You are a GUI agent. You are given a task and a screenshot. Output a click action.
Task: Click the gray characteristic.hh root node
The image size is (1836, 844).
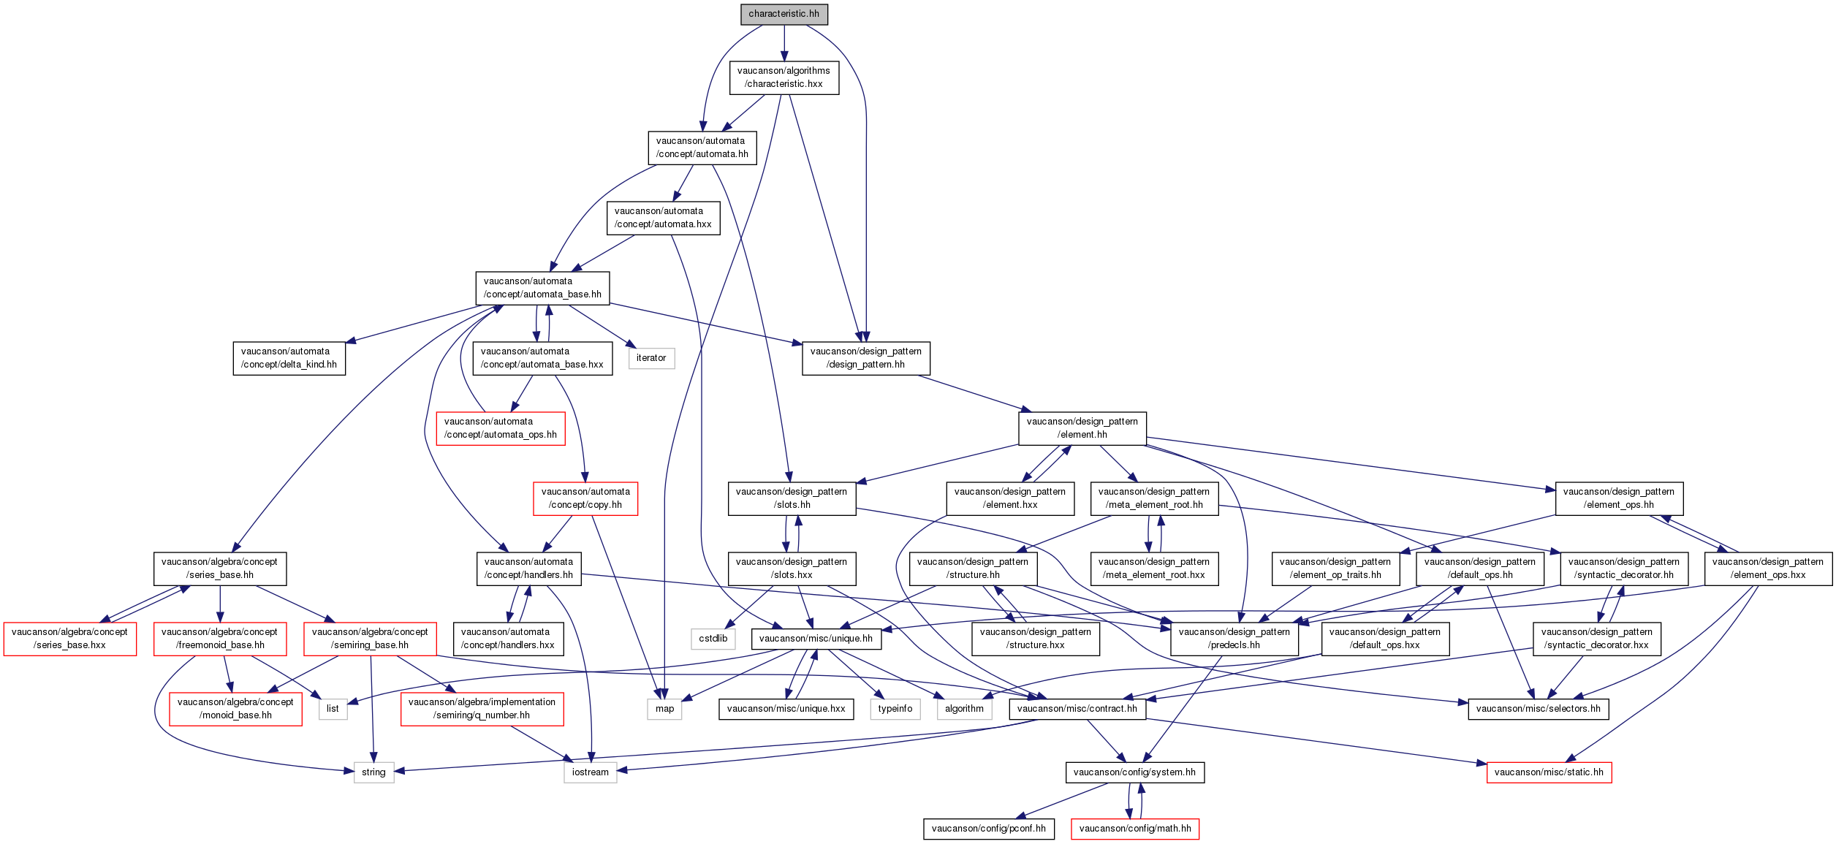pyautogui.click(x=784, y=14)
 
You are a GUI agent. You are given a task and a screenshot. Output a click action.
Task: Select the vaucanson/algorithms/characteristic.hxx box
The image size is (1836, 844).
pyautogui.click(x=784, y=77)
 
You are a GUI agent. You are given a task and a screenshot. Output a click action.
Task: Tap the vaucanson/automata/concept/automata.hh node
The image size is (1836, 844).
pyautogui.click(x=702, y=148)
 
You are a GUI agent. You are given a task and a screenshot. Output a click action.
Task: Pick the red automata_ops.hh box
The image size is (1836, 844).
pyautogui.click(x=501, y=428)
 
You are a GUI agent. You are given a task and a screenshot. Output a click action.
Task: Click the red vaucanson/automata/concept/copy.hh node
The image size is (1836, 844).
pyautogui.click(x=585, y=498)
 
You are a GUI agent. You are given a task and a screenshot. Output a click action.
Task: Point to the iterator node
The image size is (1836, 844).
pyautogui.click(x=651, y=358)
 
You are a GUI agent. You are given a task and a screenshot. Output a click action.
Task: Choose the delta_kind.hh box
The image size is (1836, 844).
pyautogui.click(x=289, y=358)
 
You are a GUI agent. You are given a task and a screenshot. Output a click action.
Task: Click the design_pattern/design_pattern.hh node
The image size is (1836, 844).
pyautogui.click(x=865, y=358)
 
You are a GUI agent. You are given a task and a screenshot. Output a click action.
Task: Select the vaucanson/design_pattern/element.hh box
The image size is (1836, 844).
pyautogui.click(x=1082, y=428)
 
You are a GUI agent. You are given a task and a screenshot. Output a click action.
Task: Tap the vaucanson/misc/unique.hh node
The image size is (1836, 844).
pyautogui.click(x=816, y=639)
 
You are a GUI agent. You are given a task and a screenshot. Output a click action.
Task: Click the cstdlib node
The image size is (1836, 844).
pyautogui.click(x=713, y=639)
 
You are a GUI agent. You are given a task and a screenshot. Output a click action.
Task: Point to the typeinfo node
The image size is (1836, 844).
pyautogui.click(x=895, y=709)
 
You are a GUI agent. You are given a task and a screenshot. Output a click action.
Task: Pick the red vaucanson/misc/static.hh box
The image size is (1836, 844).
pyautogui.click(x=1549, y=772)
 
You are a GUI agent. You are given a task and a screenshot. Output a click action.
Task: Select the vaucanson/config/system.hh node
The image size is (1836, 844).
pyautogui.click(x=1134, y=772)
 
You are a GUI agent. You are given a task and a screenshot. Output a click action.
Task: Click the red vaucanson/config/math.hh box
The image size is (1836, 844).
pyautogui.click(x=1135, y=829)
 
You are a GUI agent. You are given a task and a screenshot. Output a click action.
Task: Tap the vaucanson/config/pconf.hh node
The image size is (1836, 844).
pyautogui.click(x=988, y=829)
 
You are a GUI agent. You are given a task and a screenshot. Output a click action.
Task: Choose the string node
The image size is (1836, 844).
pyautogui.click(x=373, y=772)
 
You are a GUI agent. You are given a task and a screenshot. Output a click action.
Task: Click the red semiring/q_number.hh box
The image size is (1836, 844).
pyautogui.click(x=482, y=709)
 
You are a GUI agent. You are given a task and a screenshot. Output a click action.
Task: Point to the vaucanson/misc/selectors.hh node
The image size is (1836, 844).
pyautogui.click(x=1538, y=709)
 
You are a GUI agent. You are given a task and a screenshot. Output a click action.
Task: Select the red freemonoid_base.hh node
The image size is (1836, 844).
pyautogui.click(x=219, y=639)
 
